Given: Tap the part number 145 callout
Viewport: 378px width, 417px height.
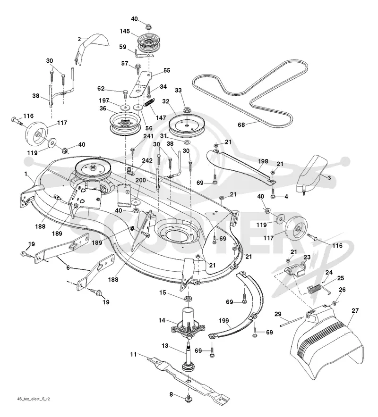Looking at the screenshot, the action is (x=125, y=31).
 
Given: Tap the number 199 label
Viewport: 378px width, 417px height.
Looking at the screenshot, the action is (x=223, y=320).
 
